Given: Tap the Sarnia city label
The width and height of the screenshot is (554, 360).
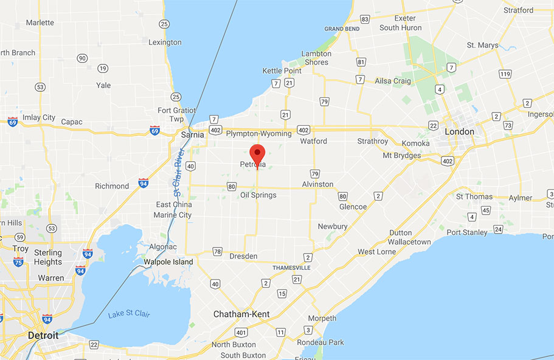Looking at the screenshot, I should [x=192, y=134].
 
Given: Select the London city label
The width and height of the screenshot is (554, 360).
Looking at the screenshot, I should [x=460, y=131].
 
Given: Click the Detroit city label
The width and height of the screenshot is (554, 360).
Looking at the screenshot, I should [x=43, y=335].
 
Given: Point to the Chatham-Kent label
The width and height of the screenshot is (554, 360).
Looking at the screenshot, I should [x=241, y=314].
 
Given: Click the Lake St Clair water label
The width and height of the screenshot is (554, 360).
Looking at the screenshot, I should [x=129, y=314].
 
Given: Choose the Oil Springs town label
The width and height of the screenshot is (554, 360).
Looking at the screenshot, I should [x=258, y=195].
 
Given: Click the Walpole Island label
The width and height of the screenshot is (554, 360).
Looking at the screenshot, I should [x=168, y=262].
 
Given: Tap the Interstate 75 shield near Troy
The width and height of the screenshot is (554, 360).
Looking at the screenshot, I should [x=18, y=261].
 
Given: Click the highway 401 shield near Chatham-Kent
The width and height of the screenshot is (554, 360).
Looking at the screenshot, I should [x=241, y=332].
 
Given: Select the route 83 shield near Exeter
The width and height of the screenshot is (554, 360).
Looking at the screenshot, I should [x=365, y=19].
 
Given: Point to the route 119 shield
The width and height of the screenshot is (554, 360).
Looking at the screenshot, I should [x=504, y=74].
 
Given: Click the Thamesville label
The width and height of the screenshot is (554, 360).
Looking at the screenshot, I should [x=291, y=268].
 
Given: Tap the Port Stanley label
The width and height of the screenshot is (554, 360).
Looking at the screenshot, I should [x=467, y=232].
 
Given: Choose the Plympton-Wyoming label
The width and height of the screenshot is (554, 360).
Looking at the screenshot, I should [x=259, y=133].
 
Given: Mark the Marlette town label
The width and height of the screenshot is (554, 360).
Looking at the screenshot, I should [x=40, y=22].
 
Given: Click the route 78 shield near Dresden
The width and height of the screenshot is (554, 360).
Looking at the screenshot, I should [x=218, y=251].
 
